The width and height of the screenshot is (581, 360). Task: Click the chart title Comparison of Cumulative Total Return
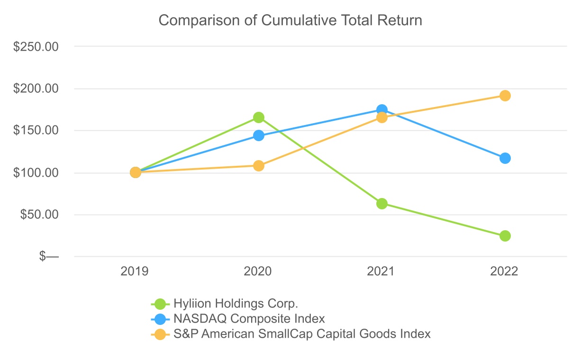[x=290, y=21]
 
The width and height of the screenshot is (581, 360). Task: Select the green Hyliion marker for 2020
[x=259, y=117]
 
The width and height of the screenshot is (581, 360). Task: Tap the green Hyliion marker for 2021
[x=382, y=204]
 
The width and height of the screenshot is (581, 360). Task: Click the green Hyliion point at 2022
[x=505, y=236]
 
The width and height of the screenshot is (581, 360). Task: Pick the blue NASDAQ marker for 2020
[x=259, y=135]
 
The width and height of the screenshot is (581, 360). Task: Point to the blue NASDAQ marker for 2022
[x=505, y=158]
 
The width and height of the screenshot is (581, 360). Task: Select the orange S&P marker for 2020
[x=259, y=166]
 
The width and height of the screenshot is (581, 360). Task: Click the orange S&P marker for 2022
[x=505, y=96]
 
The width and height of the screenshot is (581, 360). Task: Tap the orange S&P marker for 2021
[x=382, y=118]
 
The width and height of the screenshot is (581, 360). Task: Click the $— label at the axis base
[x=49, y=257]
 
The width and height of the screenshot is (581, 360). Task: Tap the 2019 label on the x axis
[x=135, y=271]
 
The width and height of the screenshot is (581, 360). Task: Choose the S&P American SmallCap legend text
[x=302, y=334]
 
